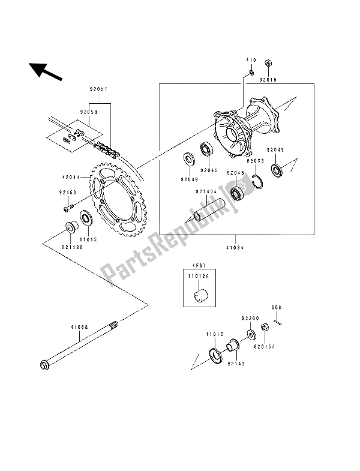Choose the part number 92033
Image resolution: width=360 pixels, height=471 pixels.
(x=254, y=161)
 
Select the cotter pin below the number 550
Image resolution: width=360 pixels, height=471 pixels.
(x=278, y=323)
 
